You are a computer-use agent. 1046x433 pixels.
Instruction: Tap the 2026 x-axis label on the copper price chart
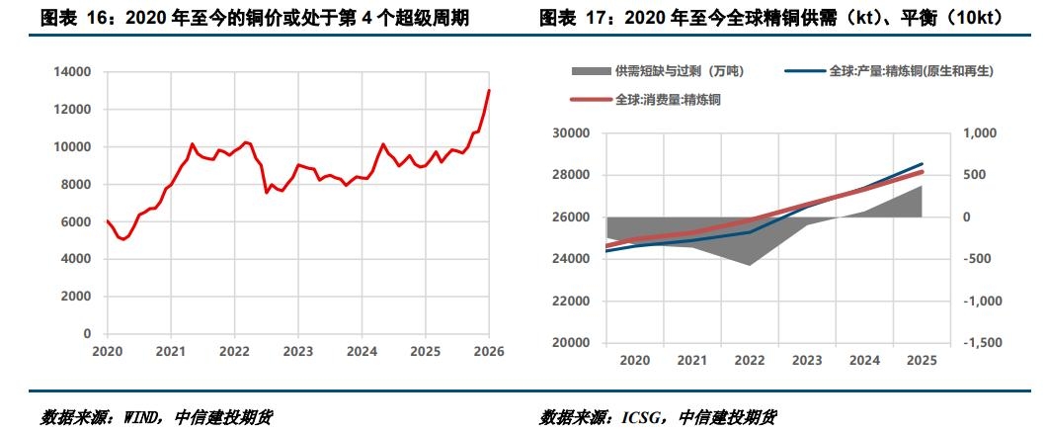489,351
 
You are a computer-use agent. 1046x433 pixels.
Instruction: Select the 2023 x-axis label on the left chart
298,351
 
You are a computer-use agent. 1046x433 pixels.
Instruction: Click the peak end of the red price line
489,90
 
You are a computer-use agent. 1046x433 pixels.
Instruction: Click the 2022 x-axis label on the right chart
750,361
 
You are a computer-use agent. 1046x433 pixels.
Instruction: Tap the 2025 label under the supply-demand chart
922,361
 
